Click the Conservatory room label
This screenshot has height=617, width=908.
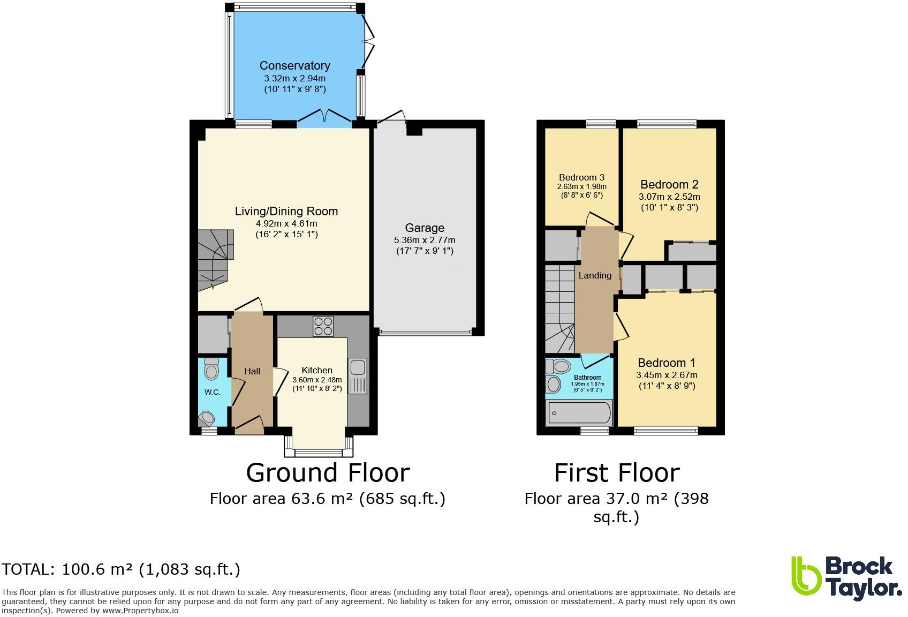294,66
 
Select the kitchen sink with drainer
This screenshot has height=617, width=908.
357,375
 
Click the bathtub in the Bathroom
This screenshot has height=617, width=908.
578,413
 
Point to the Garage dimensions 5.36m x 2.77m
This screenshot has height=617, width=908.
425,240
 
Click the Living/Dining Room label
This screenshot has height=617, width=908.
286,211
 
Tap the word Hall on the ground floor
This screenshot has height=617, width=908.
252,371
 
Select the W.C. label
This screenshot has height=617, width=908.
212,392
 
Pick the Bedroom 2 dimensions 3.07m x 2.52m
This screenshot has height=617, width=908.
669,197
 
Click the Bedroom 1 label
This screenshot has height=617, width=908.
667,363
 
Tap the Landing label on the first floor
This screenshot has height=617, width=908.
595,275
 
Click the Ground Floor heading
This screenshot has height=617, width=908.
328,473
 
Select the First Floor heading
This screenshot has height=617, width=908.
616,473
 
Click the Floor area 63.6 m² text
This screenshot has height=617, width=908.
327,499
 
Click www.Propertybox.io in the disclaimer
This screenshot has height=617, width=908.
141,611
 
